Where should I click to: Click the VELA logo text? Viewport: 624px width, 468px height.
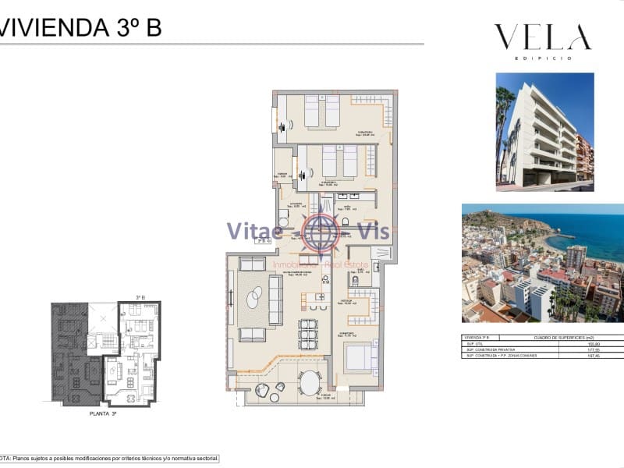click(542, 37)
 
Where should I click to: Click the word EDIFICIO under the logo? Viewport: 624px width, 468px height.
click(543, 58)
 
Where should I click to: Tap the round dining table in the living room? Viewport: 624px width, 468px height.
click(308, 335)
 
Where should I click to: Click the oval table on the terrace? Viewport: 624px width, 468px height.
click(310, 383)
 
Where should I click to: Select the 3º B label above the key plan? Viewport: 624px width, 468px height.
click(141, 297)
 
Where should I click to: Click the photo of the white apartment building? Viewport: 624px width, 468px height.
click(544, 132)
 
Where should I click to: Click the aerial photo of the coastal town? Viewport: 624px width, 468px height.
click(542, 263)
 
